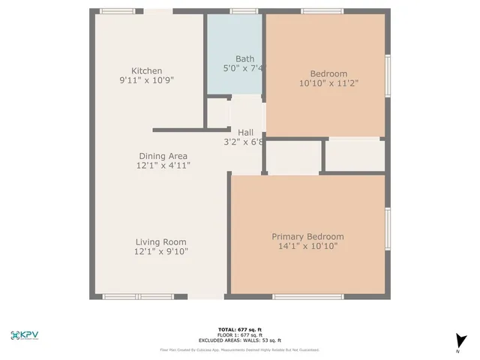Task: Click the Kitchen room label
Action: point(146,71)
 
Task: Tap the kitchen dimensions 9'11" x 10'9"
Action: point(146,80)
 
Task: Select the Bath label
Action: point(244,58)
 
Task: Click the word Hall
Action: point(245,132)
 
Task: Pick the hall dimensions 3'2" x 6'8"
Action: point(244,142)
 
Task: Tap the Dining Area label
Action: point(163,156)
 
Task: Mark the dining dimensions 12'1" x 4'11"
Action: point(163,165)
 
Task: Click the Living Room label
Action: point(160,242)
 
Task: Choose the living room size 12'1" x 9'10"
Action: point(160,252)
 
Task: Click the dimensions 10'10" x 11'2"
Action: point(328,83)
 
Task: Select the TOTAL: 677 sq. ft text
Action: point(239,330)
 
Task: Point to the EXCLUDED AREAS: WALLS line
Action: point(239,340)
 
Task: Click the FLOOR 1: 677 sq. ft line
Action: point(239,335)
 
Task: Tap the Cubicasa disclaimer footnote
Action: point(239,349)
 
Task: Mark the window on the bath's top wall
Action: point(244,11)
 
